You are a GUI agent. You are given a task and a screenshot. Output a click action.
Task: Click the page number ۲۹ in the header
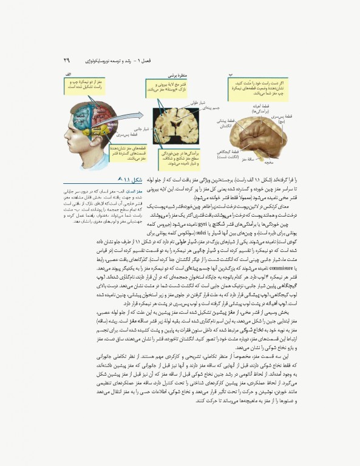[x=67, y=61]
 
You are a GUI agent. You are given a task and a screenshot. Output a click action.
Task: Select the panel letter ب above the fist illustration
[x=230, y=73]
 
